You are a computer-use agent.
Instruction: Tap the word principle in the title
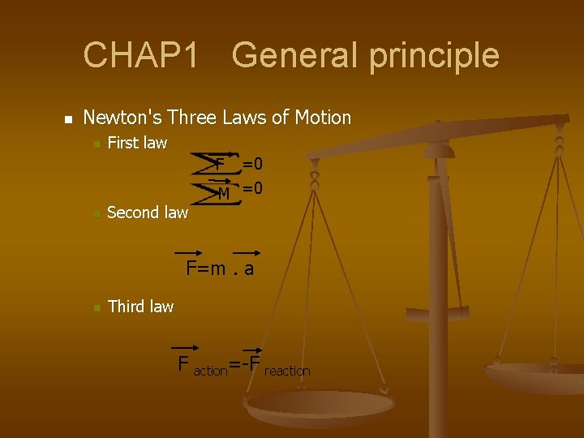[x=437, y=56]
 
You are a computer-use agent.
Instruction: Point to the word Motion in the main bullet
[x=323, y=118]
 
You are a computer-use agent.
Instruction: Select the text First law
[x=137, y=144]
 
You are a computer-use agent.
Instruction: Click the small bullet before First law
[x=95, y=145]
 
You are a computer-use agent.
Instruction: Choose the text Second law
[x=148, y=213]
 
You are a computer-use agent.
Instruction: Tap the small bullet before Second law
[x=95, y=215]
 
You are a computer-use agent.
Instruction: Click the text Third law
[x=140, y=307]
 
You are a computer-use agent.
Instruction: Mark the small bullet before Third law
[x=95, y=308]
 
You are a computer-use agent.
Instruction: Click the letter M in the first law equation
[x=223, y=193]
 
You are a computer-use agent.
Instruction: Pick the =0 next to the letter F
[x=252, y=165]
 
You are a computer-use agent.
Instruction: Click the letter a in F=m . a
[x=248, y=269]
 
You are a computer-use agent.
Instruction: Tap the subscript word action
[x=210, y=371]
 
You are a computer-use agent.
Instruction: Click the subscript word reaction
[x=287, y=371]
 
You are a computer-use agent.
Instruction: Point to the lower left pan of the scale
[x=320, y=406]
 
